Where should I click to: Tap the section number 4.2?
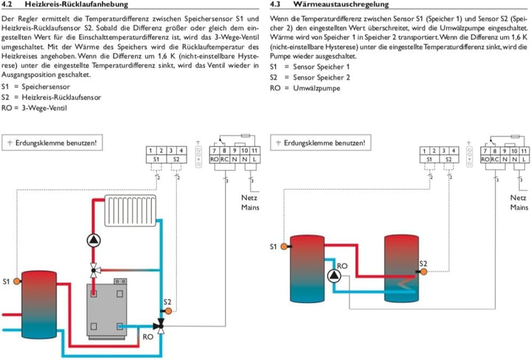tap(10, 5)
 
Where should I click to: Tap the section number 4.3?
tap(277, 5)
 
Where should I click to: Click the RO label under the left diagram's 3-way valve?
tap(148, 336)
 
